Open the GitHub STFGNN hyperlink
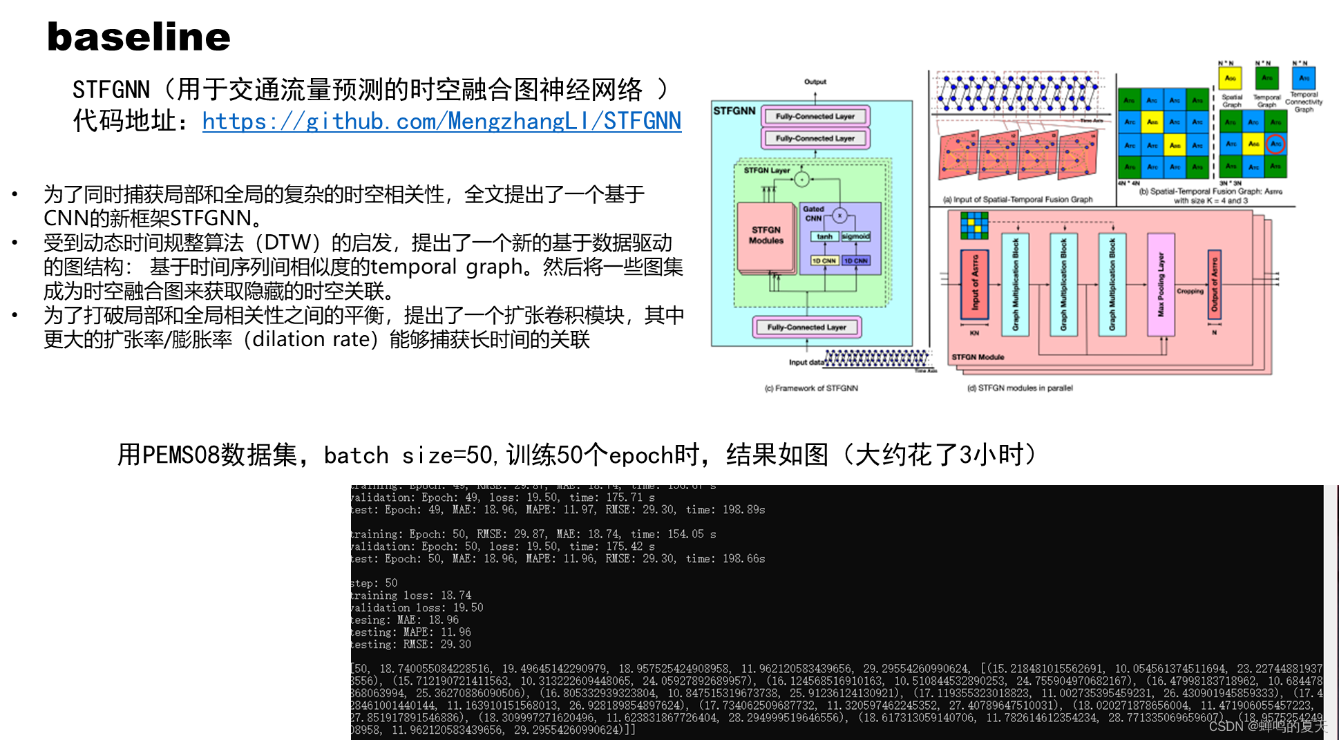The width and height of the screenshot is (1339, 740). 441,122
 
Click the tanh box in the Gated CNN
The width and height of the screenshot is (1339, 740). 824,236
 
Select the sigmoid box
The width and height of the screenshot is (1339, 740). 855,236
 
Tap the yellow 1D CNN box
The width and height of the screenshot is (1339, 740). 824,260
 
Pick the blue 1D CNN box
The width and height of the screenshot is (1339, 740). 855,260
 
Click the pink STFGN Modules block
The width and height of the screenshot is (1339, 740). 766,236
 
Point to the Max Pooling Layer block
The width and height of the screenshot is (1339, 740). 1161,284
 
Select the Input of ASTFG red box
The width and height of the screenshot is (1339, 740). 974,285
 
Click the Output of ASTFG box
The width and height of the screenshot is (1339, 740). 1214,284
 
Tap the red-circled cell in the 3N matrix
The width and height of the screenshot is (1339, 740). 1275,144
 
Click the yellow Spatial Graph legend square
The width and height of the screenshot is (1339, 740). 1230,78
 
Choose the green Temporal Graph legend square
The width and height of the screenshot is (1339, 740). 1266,78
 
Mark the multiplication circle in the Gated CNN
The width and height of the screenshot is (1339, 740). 839,216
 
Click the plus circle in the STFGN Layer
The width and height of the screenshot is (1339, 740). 801,180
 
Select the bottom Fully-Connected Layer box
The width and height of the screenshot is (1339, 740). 806,327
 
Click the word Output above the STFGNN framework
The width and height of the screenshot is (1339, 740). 815,82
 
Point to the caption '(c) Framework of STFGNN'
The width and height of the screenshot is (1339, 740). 811,388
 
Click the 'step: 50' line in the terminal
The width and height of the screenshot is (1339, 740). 374,583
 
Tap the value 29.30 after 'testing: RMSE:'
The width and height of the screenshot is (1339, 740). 456,645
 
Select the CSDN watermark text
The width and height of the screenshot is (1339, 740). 1267,726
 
